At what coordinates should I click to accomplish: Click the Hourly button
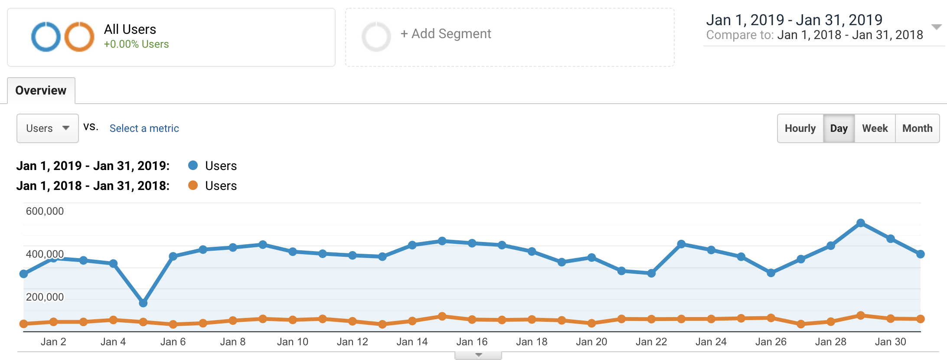click(x=800, y=128)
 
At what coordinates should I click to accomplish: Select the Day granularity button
click(x=839, y=128)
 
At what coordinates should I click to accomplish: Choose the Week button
click(x=875, y=128)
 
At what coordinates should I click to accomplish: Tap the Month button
click(x=917, y=128)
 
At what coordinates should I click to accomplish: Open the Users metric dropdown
click(x=47, y=128)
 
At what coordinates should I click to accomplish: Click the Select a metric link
click(x=144, y=128)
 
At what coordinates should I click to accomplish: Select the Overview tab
click(x=41, y=90)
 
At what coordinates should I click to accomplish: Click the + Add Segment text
click(x=446, y=34)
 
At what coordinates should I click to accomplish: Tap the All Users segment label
click(x=130, y=29)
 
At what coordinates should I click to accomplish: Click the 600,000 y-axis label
click(x=45, y=211)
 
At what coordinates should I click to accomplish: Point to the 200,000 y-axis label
click(x=45, y=297)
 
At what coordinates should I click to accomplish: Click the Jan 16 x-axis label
click(x=472, y=342)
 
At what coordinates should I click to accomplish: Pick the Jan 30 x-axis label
click(x=890, y=342)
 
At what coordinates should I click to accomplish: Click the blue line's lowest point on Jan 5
click(x=143, y=303)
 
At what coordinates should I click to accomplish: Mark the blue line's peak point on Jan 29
click(x=861, y=223)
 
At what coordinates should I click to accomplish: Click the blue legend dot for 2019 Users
click(x=193, y=165)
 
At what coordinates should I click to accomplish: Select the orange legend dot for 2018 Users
click(x=193, y=185)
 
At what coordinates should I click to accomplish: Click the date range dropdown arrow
click(x=937, y=27)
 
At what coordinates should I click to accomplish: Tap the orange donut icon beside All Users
click(x=79, y=37)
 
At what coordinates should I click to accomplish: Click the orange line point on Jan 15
click(x=442, y=316)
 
